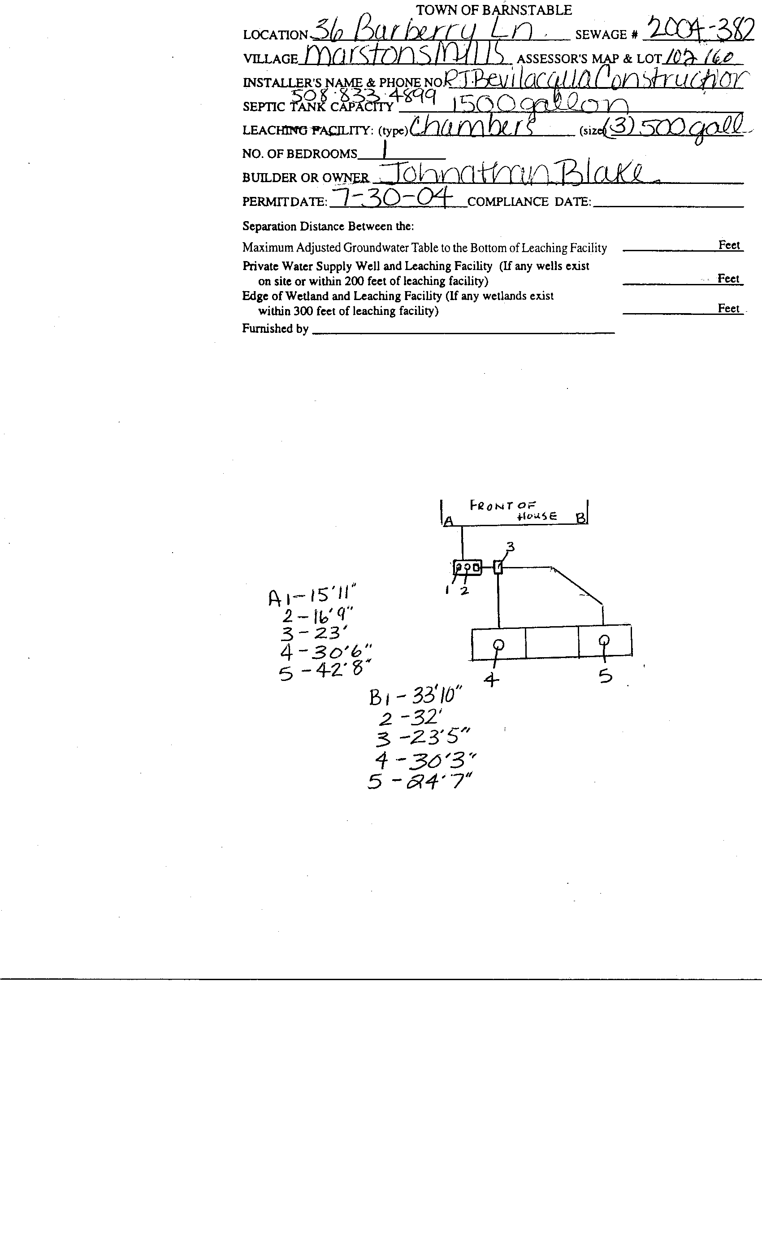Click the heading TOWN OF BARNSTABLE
click(494, 10)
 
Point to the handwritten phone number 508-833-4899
click(363, 95)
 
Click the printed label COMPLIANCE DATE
click(529, 202)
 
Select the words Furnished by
click(275, 329)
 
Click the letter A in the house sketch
click(448, 521)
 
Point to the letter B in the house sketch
click(580, 519)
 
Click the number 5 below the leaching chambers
click(605, 677)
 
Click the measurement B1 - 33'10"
click(415, 696)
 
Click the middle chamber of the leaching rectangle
click(552, 642)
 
